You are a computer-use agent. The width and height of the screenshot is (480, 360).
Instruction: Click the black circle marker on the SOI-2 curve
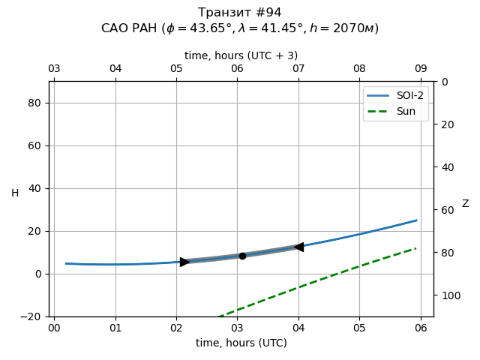(x=242, y=256)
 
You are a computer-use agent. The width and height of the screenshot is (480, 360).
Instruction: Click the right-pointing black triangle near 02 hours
(x=184, y=262)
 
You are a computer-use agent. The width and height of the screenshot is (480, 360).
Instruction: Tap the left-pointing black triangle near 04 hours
(x=298, y=247)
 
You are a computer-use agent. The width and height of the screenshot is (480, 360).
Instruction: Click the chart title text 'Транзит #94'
(x=240, y=13)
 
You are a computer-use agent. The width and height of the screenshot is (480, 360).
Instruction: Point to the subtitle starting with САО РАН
(x=240, y=28)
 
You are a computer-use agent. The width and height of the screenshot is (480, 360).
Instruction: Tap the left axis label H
(x=15, y=193)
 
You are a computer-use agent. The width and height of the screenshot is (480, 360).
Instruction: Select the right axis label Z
(x=465, y=204)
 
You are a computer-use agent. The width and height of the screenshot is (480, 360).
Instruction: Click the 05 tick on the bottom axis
(x=359, y=327)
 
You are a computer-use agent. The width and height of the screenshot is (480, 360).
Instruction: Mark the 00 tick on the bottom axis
(x=54, y=327)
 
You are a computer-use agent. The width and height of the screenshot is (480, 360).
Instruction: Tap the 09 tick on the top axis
(x=421, y=69)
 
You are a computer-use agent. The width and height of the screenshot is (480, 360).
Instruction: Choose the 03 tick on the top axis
(x=54, y=69)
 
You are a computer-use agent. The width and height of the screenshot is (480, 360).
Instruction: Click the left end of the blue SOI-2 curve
(x=66, y=263)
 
